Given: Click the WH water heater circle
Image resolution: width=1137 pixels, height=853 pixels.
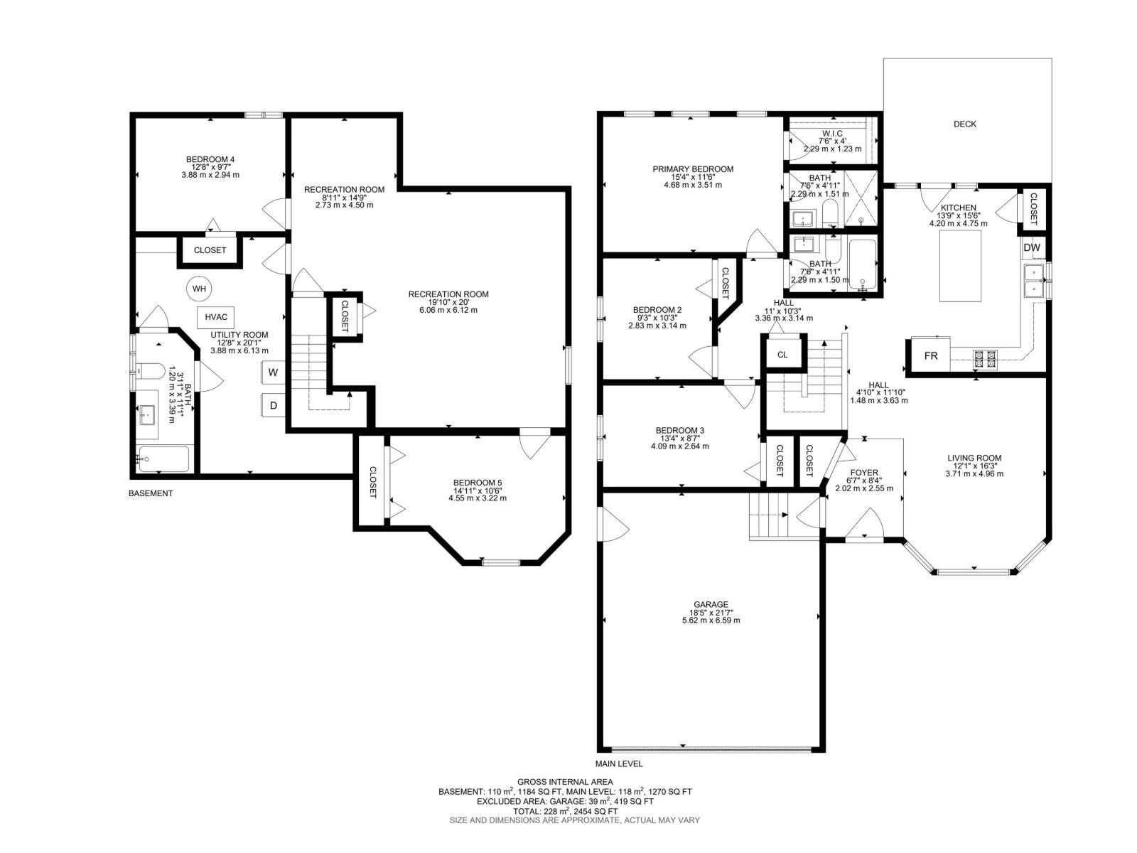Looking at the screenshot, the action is pos(199,289).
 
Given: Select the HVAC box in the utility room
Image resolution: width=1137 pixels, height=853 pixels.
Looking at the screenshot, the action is pos(216,318).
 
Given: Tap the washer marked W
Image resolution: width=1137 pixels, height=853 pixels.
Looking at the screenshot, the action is pos(274,372).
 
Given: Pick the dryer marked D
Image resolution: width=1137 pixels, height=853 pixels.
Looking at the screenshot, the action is pos(274,405).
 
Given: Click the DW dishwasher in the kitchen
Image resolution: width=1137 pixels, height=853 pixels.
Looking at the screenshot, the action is pos(1031,247).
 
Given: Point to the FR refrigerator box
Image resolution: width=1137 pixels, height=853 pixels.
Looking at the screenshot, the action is pos(931,356).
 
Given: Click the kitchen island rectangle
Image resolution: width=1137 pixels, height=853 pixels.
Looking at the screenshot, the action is pos(960,266).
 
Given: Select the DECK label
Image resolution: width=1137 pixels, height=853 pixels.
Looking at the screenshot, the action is pos(964,124).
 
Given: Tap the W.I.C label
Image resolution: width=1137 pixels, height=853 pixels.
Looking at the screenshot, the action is pos(832,134).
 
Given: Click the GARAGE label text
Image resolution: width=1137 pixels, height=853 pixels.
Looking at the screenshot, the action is pos(711,604).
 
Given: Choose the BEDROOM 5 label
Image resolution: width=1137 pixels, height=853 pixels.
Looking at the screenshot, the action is pos(477,482).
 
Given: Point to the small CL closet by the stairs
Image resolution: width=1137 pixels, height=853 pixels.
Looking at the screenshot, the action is pos(782,355).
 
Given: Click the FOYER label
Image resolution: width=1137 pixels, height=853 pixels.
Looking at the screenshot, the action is pos(864,472).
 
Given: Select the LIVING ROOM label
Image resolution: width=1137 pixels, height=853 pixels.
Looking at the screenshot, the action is pos(974,458).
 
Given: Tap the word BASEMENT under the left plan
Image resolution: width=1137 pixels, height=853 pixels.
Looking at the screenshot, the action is pos(150,493).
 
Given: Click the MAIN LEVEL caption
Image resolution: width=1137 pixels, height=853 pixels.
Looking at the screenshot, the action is pos(618,763).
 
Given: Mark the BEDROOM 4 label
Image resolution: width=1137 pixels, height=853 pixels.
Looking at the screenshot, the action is pos(210,159).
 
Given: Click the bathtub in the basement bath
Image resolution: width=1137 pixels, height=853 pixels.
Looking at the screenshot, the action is pos(163,459).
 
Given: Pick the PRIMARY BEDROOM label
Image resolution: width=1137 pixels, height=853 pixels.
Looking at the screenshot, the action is pos(693,169).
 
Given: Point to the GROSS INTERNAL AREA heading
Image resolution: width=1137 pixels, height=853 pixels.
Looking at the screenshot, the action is pos(565,782).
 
